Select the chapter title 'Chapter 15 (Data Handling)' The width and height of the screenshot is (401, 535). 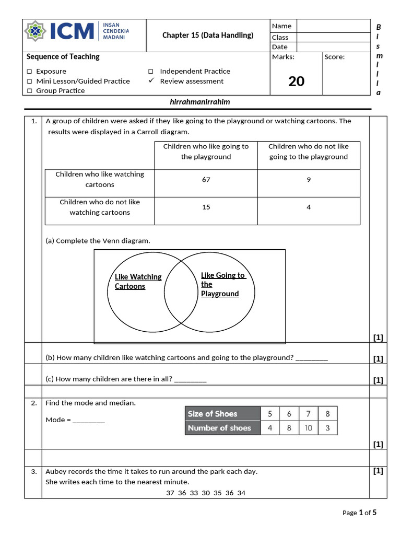(x=208, y=36)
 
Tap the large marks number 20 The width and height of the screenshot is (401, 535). (x=296, y=81)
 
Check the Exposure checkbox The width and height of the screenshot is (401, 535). (x=30, y=71)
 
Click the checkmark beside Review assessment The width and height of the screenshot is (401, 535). (x=151, y=81)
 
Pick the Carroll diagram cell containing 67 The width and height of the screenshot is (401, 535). (x=206, y=180)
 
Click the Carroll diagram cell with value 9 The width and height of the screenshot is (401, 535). (x=309, y=180)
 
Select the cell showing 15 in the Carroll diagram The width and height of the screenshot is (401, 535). (x=206, y=207)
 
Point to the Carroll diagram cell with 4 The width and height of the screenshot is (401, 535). (x=309, y=207)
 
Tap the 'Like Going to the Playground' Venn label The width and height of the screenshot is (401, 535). (x=222, y=284)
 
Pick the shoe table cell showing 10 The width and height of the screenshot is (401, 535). (x=308, y=428)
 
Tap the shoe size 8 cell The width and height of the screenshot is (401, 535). (x=327, y=414)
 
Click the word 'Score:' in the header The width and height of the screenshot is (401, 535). (x=335, y=57)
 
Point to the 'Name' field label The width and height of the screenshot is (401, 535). (x=282, y=26)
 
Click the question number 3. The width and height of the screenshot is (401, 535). (x=33, y=471)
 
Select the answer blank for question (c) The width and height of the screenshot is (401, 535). (x=191, y=380)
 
